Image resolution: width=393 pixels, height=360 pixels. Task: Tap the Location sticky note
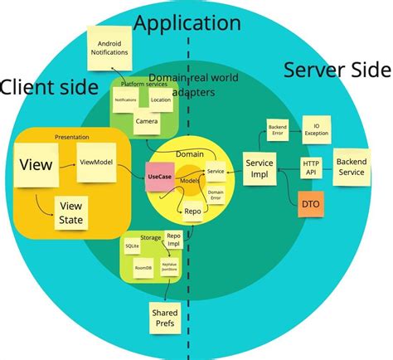[x=162, y=99]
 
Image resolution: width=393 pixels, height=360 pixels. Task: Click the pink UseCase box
[x=160, y=176]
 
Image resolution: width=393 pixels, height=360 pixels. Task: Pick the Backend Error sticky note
[x=277, y=130]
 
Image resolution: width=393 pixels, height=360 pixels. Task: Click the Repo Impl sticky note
[x=173, y=240]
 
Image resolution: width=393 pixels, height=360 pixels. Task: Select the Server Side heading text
[x=336, y=70]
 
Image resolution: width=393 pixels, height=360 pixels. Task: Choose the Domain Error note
[x=216, y=196]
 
